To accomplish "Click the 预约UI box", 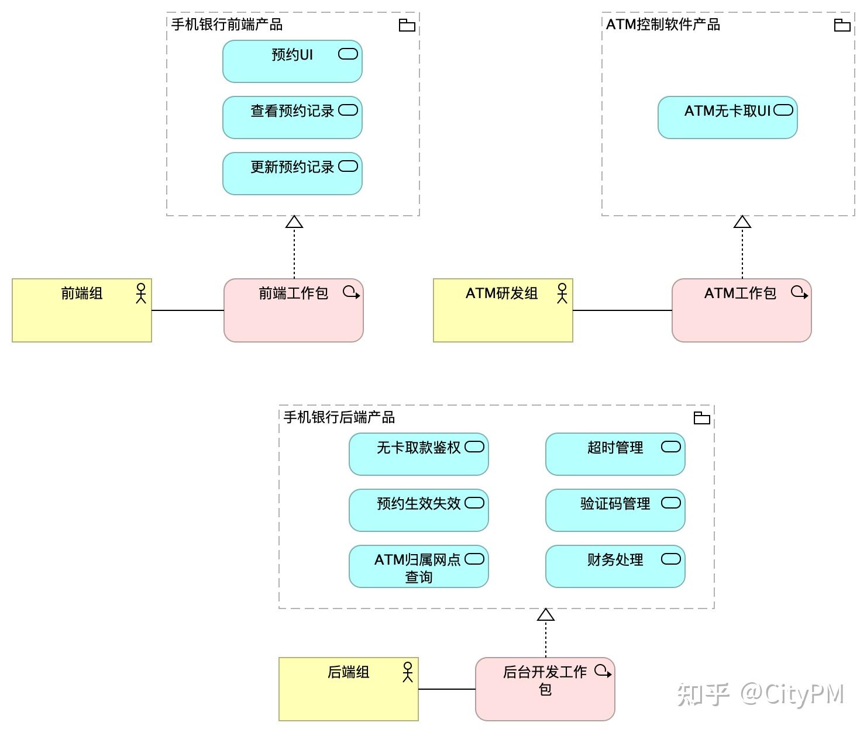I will pos(292,61).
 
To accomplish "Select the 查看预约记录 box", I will pos(292,117).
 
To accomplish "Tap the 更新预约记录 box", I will pos(292,174).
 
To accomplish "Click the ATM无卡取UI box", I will pos(727,117).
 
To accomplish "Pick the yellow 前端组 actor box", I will pos(81,310).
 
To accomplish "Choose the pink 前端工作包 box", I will pos(293,310).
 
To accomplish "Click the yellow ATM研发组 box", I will pos(503,310).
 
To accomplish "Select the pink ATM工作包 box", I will pos(741,310).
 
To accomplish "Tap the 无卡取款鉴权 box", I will pos(418,454).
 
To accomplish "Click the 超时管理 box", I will pos(615,454).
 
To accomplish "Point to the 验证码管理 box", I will pos(615,510).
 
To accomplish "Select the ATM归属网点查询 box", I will pos(418,566).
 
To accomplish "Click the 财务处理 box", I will pos(615,566).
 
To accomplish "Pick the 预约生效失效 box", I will pos(418,510).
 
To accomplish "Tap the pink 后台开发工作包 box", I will pos(545,689).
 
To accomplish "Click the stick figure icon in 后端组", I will pos(408,672).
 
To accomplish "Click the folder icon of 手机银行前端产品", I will pos(407,25).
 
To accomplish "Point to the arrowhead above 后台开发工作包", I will pos(545,615).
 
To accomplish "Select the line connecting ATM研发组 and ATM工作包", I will pos(622,310).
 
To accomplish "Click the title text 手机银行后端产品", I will pos(339,417).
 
